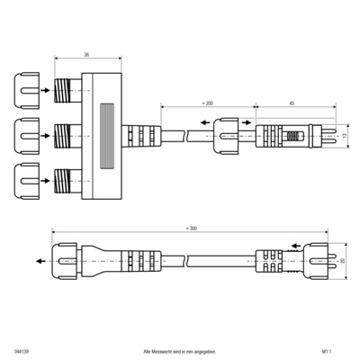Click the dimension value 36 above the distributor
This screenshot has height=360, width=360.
point(86,53)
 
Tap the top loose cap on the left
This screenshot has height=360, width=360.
point(26,91)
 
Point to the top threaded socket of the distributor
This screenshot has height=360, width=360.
point(65,91)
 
